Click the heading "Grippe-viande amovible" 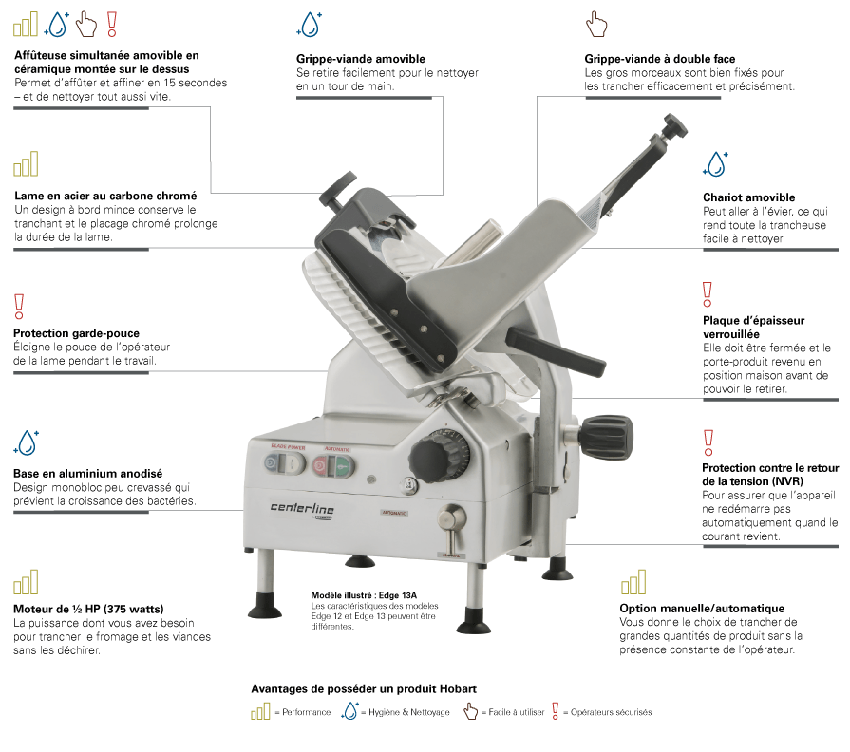coord(361,59)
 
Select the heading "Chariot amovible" coord(748,197)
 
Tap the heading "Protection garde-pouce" coord(76,333)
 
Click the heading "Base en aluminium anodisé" coord(87,474)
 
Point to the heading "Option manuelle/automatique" coord(702,609)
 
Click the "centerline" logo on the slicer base coord(302,508)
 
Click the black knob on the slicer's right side coord(606,436)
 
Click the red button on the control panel coord(320,465)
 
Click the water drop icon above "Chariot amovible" coord(715,163)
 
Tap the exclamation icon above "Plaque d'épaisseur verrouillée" coord(707,294)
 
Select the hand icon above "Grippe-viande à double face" coord(596,25)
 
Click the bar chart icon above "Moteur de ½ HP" coord(26,582)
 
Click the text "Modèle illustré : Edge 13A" coord(364,595)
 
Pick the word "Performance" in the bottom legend coord(306,712)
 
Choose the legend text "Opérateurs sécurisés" coord(611,712)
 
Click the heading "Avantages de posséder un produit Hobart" coord(364,688)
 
